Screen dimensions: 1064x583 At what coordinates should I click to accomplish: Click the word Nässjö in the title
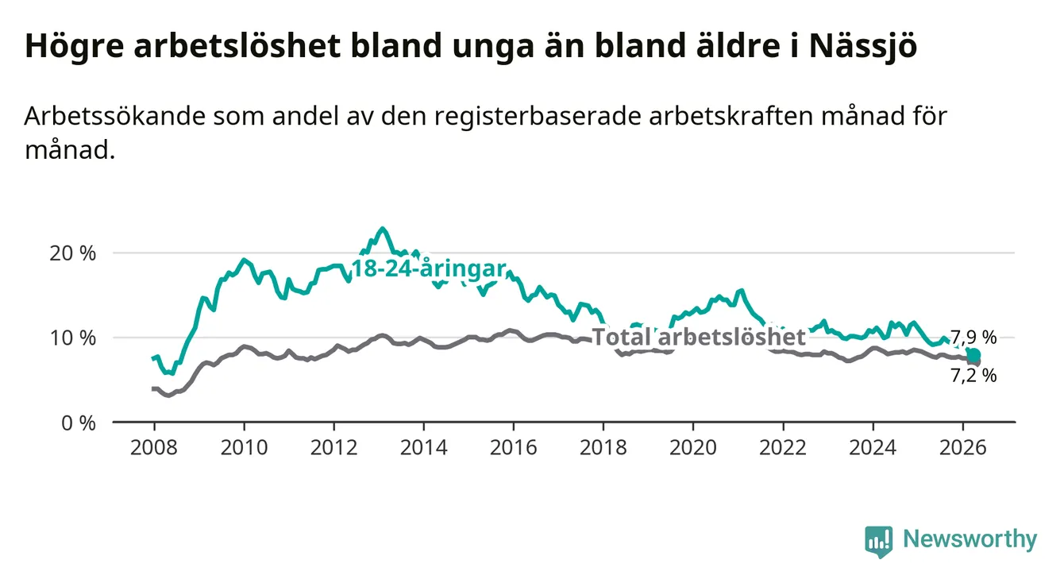pos(862,46)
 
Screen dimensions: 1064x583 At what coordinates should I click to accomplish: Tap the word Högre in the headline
pos(75,46)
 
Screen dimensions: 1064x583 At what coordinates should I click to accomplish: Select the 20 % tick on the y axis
pos(72,253)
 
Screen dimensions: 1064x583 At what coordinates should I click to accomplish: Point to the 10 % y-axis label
pos(72,338)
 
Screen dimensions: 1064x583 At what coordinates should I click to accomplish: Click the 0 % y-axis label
pos(79,423)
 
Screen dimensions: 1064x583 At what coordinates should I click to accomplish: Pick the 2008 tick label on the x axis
pos(154,448)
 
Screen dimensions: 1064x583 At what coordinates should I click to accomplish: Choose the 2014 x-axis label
pos(424,448)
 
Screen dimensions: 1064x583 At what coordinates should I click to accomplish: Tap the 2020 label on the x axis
pos(693,448)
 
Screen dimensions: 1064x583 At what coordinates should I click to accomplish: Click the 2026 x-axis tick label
pos(963,448)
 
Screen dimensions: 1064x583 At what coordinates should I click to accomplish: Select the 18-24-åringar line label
pos(429,268)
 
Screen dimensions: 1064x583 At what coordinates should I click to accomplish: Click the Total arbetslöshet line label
pos(700,337)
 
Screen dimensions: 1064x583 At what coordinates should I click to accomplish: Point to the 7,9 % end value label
pos(973,338)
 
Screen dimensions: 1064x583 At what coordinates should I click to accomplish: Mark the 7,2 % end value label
pos(973,376)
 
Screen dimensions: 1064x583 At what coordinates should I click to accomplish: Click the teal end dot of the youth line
pos(973,355)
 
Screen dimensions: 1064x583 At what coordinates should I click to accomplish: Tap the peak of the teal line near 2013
pos(383,229)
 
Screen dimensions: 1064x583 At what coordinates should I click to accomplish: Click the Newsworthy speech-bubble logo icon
pos(879,542)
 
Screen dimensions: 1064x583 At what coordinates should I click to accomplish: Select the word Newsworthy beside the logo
pos(970,539)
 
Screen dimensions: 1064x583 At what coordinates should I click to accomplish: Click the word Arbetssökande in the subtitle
pos(115,115)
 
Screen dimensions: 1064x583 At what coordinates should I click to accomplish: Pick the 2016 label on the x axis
pos(514,448)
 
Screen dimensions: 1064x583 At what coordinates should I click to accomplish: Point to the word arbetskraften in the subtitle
pos(731,115)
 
